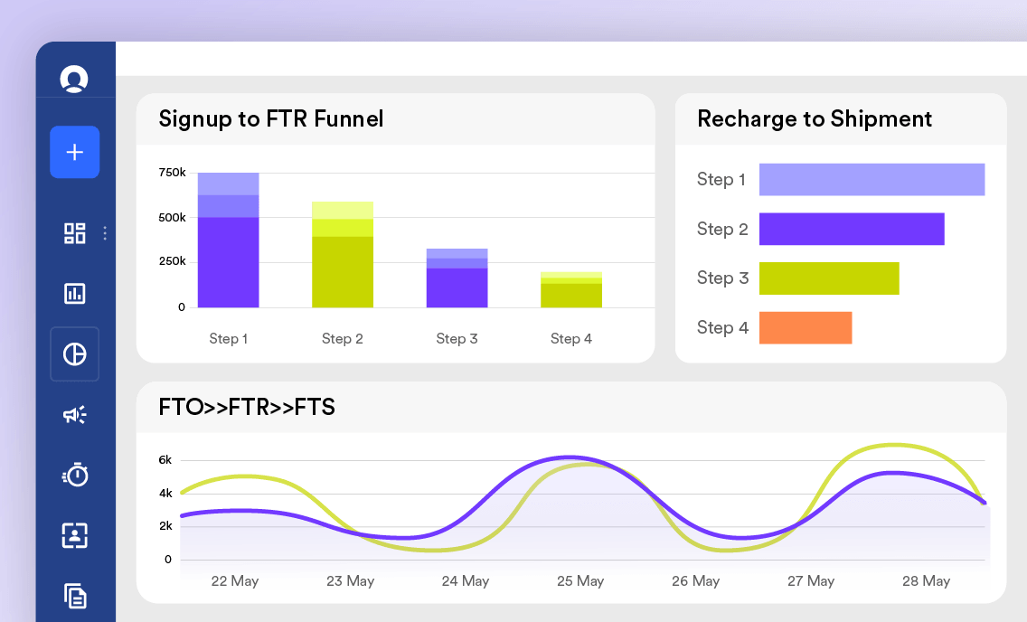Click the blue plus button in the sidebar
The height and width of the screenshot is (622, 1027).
point(75,152)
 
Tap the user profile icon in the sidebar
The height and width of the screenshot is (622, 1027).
point(74,79)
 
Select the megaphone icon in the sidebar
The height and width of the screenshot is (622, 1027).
point(75,414)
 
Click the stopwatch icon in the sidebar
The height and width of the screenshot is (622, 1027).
point(75,475)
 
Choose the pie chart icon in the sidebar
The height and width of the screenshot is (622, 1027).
point(75,354)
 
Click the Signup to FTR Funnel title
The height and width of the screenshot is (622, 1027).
point(271,119)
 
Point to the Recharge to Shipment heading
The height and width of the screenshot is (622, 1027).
point(815,119)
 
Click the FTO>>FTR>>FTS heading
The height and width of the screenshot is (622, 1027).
point(247,407)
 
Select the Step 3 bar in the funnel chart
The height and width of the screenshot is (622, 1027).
point(457,278)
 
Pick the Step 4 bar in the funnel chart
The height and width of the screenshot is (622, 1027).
point(571,289)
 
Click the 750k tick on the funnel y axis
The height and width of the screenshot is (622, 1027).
point(173,173)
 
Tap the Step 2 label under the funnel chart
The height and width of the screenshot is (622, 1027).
point(343,338)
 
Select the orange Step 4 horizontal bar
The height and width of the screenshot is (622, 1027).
point(806,328)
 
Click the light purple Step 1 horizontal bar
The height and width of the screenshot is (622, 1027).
point(872,179)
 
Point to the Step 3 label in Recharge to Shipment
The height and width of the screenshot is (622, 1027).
point(722,278)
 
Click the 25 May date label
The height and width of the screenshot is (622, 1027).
point(580,580)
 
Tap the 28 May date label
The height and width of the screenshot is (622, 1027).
point(926,580)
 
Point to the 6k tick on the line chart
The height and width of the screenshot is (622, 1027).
point(165,460)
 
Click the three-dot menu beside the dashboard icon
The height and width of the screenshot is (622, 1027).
point(105,233)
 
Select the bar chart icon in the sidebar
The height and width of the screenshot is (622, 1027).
point(75,293)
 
